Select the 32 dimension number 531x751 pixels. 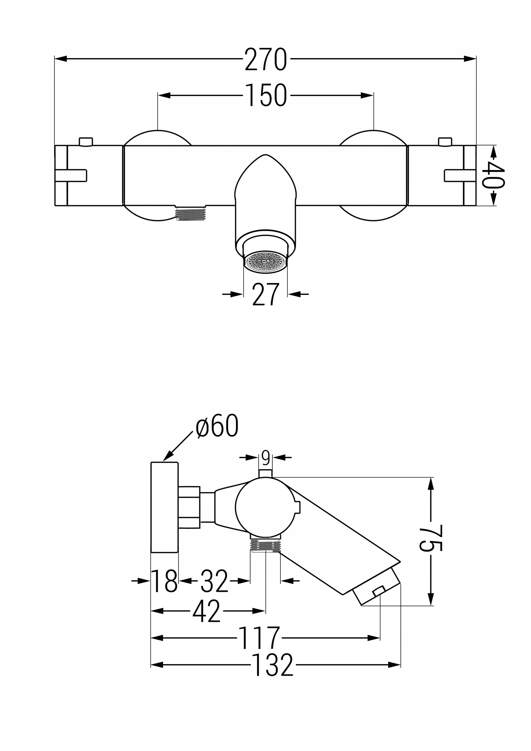pyautogui.click(x=214, y=581)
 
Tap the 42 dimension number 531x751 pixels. pyautogui.click(x=207, y=611)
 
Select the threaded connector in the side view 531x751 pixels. pyautogui.click(x=265, y=545)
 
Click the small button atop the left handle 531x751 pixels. pyautogui.click(x=86, y=141)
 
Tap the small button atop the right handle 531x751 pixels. pyautogui.click(x=445, y=141)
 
